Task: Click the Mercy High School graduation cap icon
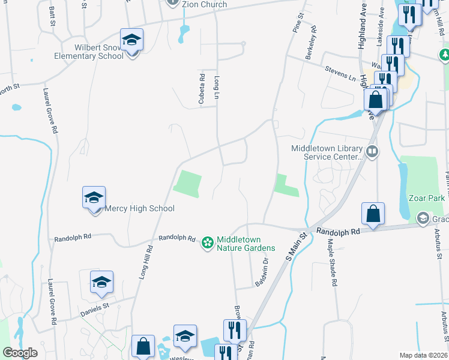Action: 94,198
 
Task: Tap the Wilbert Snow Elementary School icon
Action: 132,41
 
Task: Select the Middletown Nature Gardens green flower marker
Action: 207,242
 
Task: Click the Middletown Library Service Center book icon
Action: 373,151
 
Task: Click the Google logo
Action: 20,353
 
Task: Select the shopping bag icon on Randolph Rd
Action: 373,214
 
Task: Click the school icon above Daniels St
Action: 101,283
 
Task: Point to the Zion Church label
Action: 205,4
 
